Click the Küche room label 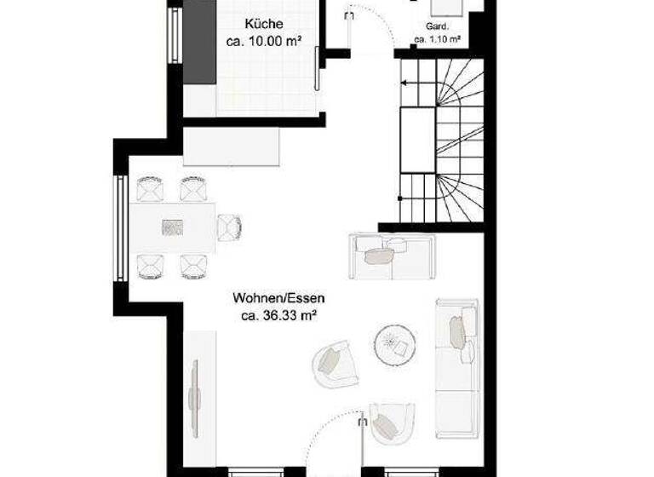point(263,24)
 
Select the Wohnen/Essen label point(278,299)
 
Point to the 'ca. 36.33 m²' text point(278,315)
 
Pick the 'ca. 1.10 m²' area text point(438,39)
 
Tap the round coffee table point(395,344)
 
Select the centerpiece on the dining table point(173,227)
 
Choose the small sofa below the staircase point(391,255)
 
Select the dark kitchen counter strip point(200,41)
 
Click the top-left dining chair point(149,187)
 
